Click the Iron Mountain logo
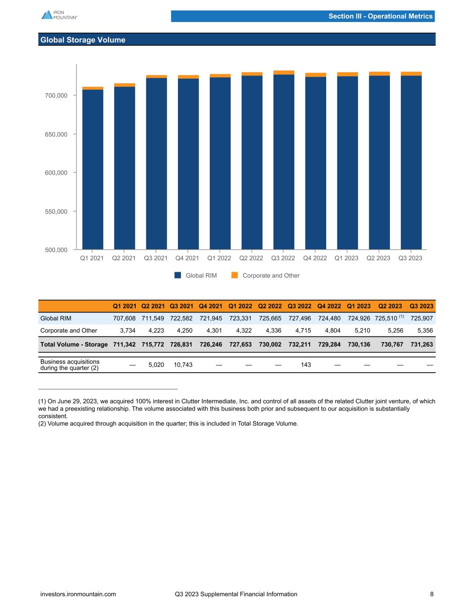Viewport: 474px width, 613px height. pyautogui.click(x=59, y=15)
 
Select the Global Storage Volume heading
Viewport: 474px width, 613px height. pyautogui.click(x=83, y=40)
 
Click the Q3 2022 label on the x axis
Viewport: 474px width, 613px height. pyautogui.click(x=283, y=258)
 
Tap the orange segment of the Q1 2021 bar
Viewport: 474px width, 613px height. pyautogui.click(x=93, y=88)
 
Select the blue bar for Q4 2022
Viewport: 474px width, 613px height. pyautogui.click(x=315, y=162)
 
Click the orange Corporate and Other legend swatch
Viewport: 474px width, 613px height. pyautogui.click(x=235, y=275)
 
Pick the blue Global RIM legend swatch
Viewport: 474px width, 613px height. pyautogui.click(x=178, y=275)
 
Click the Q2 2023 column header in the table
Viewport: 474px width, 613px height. pyautogui.click(x=390, y=306)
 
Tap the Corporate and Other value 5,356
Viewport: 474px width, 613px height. pyautogui.click(x=424, y=331)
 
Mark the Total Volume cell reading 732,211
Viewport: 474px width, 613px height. pyautogui.click(x=299, y=344)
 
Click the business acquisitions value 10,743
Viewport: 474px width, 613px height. pyautogui.click(x=183, y=365)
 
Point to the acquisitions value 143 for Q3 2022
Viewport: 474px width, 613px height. pyautogui.click(x=306, y=365)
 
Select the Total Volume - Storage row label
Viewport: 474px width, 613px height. pyautogui.click(x=74, y=344)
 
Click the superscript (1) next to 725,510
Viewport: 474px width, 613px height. pyautogui.click(x=402, y=317)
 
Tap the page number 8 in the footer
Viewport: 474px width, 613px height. pyautogui.click(x=432, y=594)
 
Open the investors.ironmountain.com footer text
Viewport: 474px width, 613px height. pyautogui.click(x=78, y=594)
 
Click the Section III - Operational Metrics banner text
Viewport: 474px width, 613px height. pyautogui.click(x=380, y=16)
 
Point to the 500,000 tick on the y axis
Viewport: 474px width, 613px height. pyautogui.click(x=56, y=250)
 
